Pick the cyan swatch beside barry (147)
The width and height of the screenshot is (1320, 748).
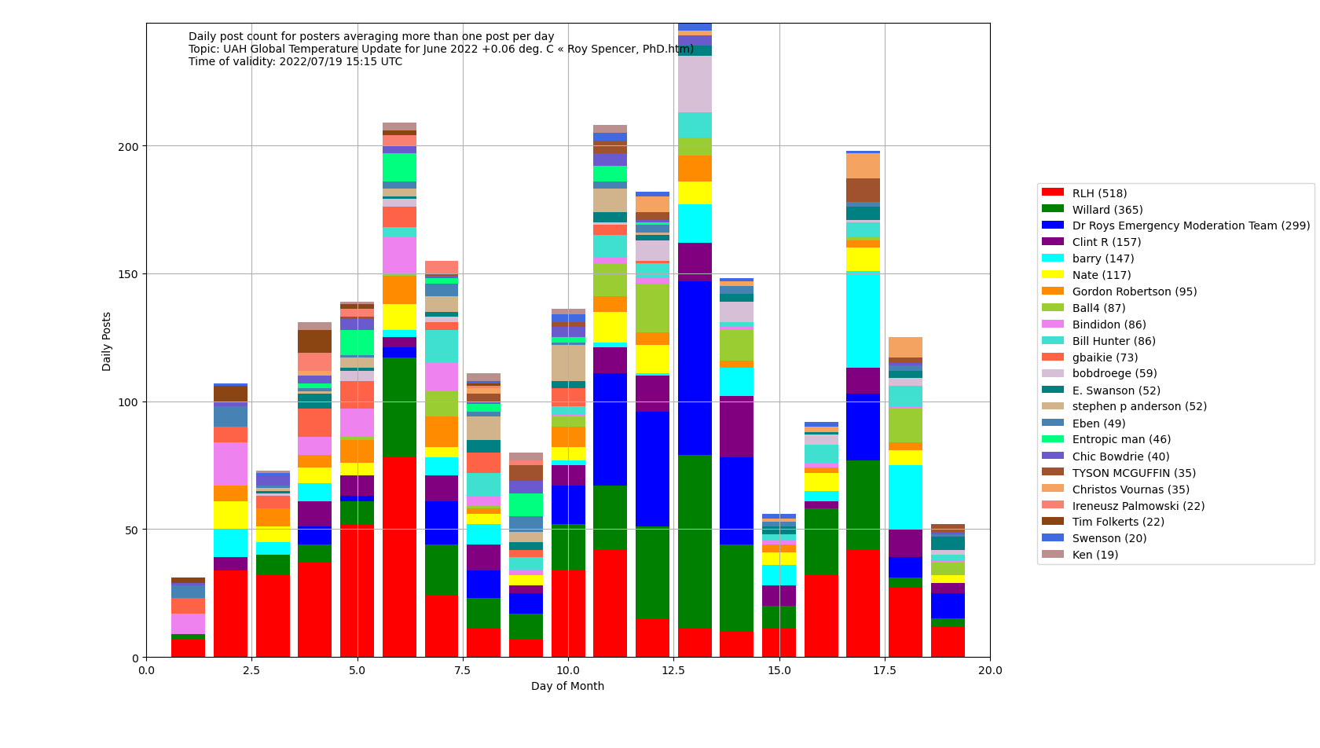[1052, 258]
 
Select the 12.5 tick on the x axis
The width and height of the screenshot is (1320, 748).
[674, 671]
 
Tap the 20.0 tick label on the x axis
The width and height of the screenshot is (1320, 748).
[990, 671]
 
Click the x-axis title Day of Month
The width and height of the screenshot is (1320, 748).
[567, 687]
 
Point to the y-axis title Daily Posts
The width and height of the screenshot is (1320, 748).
[107, 341]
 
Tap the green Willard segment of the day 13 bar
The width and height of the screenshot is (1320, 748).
[695, 541]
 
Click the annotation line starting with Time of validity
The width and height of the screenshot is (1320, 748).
[295, 62]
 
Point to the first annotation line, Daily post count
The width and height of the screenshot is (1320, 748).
[371, 37]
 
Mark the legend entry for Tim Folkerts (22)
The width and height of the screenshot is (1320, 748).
[1107, 522]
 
